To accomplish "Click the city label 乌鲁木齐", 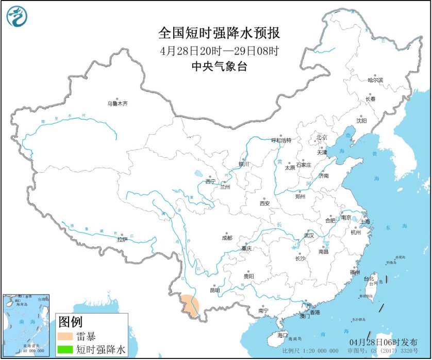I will click(117, 104).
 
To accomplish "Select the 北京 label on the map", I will click(322, 137).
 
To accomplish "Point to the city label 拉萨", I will click(122, 239).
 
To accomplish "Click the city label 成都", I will click(227, 238).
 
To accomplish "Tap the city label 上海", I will click(364, 221).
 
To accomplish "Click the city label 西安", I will click(264, 203).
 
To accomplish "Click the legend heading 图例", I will click(70, 322).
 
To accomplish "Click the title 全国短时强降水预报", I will click(219, 34).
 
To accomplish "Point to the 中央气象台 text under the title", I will click(219, 66).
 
